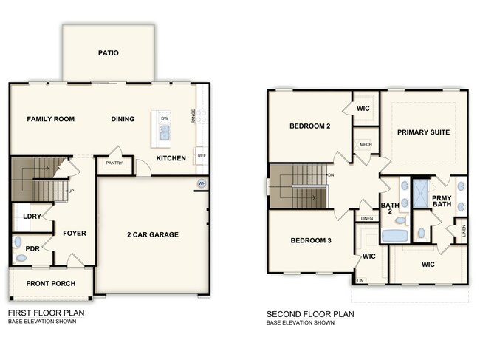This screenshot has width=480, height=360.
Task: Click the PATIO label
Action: click(108, 53)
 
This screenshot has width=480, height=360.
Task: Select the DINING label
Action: click(123, 119)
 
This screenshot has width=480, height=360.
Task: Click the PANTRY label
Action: click(114, 163)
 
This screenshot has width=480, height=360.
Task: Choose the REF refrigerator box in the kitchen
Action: click(201, 156)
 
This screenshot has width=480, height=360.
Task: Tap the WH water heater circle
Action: click(201, 183)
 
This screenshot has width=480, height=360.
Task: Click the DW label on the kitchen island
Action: click(164, 118)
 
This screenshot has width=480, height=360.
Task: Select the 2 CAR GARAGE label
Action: click(152, 235)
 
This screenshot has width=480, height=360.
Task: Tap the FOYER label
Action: click(74, 234)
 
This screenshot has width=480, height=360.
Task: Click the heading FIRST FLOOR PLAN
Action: click(46, 313)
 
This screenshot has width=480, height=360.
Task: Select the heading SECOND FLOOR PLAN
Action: click(310, 314)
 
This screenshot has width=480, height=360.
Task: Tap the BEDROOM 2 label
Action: click(309, 126)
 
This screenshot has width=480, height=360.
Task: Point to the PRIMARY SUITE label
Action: click(423, 132)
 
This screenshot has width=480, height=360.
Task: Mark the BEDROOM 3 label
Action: click(309, 241)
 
